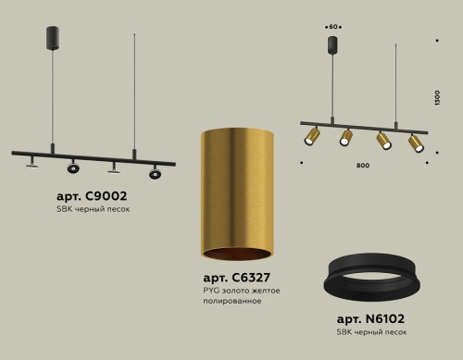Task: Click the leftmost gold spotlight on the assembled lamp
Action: click(312, 138)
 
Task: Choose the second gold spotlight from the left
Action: click(345, 138)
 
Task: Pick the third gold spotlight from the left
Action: click(382, 143)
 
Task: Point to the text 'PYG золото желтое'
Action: click(241, 291)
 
